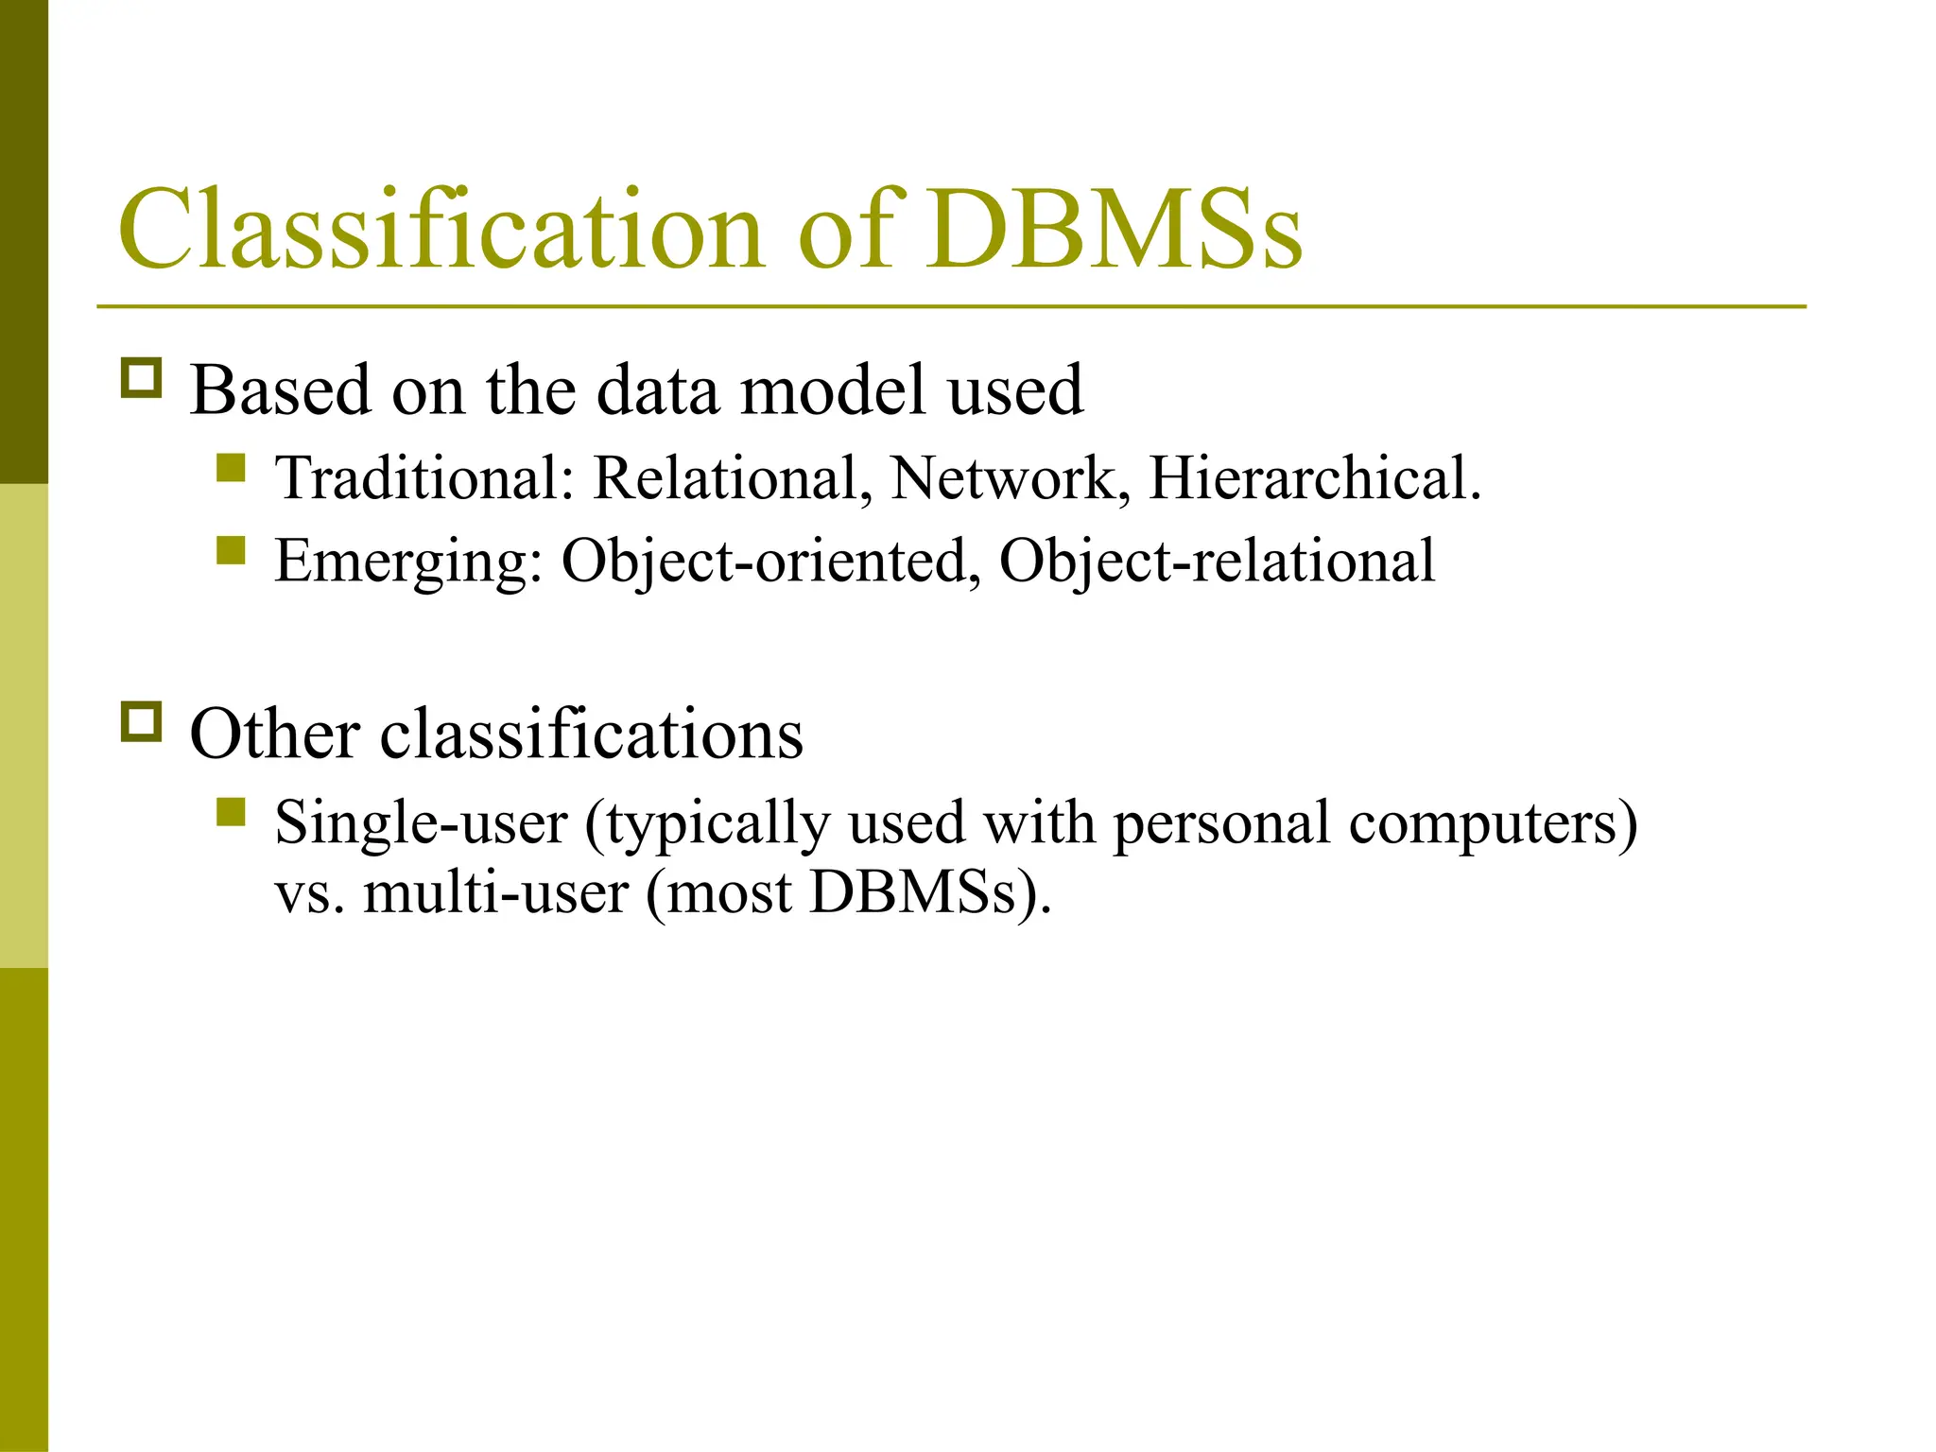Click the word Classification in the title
pos(441,230)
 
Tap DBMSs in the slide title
pos(1114,230)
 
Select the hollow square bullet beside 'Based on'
pos(142,378)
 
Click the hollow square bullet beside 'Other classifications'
pos(142,722)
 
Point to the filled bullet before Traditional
pos(231,468)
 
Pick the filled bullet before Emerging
pos(231,550)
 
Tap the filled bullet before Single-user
pos(231,812)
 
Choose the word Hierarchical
pos(1314,478)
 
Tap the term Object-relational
pos(1217,562)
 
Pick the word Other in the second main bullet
pos(274,734)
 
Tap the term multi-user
pos(495,892)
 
